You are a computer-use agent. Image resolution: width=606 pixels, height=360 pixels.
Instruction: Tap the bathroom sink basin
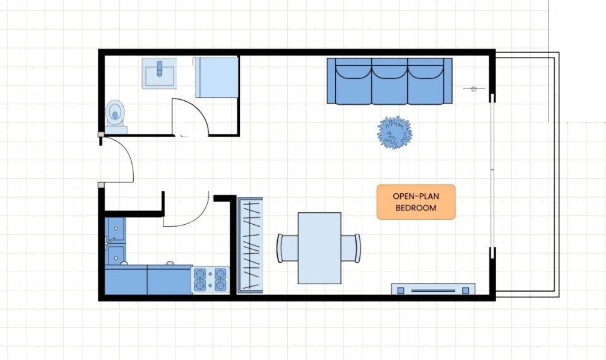coord(159,73)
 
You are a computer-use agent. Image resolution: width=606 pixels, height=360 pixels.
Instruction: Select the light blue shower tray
coord(216,77)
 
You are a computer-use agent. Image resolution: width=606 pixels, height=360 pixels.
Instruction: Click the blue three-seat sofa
coord(389,81)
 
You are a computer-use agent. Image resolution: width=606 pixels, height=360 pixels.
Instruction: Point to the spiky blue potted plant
coord(395,133)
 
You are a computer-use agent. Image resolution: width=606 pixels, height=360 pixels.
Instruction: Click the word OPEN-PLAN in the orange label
coord(416,196)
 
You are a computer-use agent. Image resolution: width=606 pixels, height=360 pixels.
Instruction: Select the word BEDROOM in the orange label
coord(416,208)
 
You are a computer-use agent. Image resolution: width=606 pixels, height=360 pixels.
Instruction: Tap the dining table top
coord(319,248)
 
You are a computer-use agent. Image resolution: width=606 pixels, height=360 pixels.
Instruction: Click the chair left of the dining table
coord(287,248)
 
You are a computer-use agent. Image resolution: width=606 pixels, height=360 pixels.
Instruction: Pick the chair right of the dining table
coord(351,248)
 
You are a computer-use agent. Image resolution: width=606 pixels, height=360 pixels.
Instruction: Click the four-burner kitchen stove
coord(210,280)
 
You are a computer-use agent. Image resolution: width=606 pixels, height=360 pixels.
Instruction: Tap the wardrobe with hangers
coord(250,245)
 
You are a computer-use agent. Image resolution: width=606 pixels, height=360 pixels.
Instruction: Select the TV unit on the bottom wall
coord(433,289)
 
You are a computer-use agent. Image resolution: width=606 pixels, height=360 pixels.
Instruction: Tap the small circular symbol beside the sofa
coord(474,89)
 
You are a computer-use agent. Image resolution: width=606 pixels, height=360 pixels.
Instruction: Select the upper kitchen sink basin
coord(115,228)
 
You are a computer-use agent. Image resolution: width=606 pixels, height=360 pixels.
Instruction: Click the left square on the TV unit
coord(401,291)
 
